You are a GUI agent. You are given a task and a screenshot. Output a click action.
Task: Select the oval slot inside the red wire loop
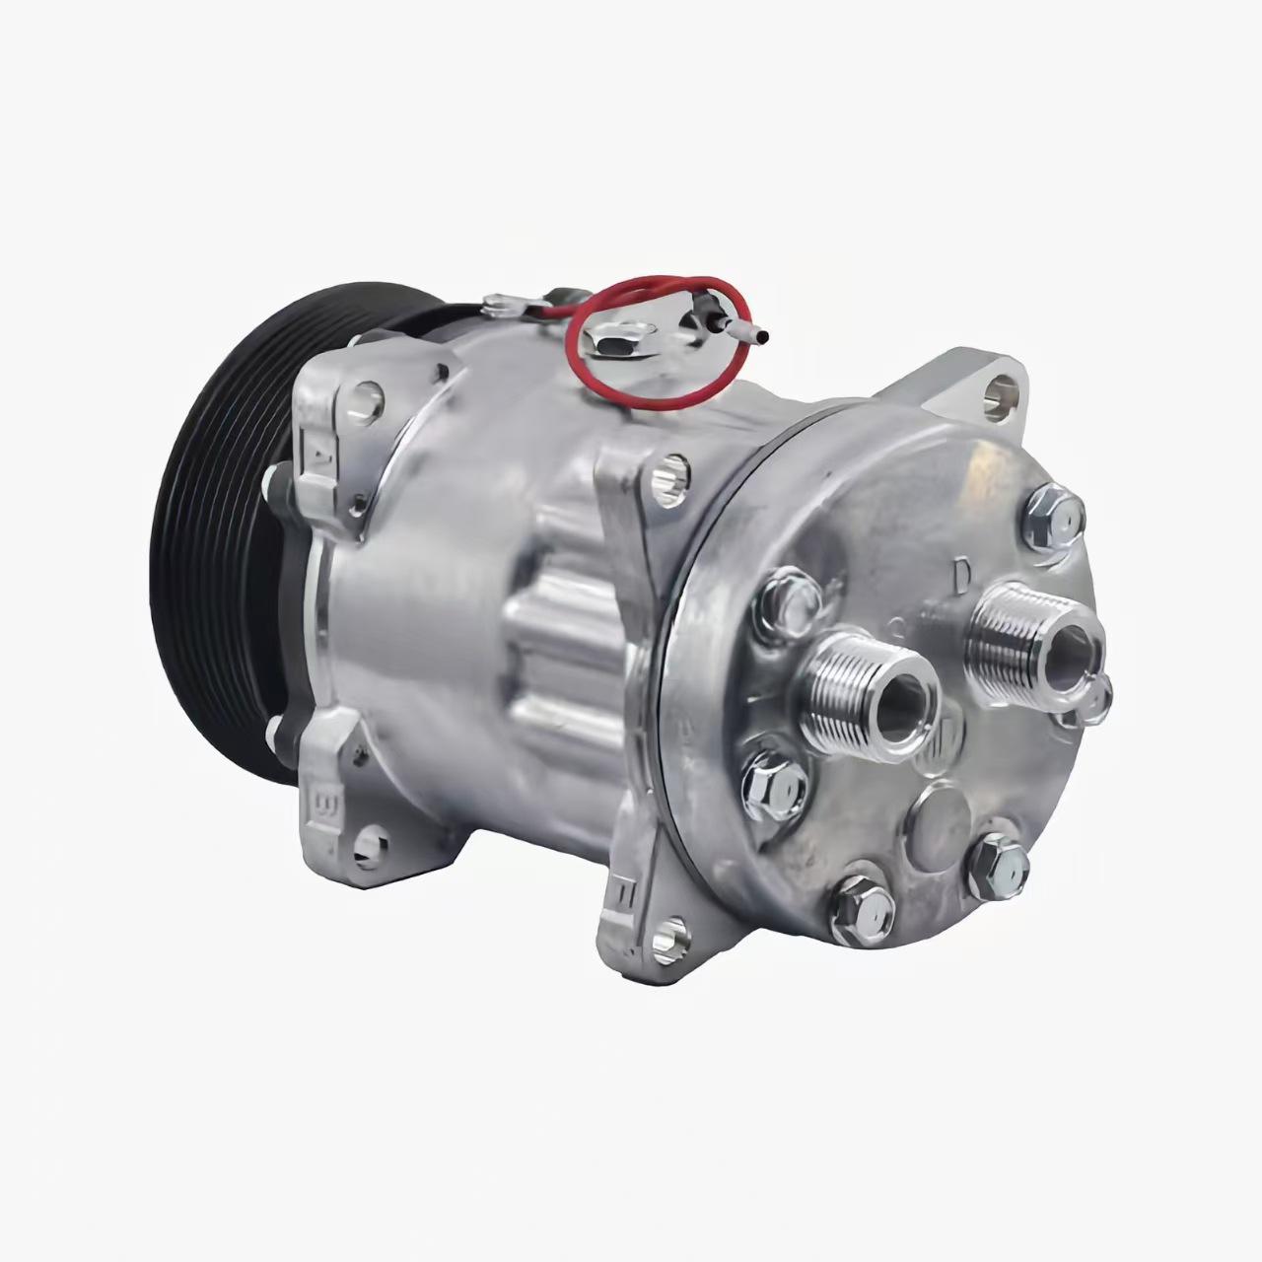click(x=613, y=344)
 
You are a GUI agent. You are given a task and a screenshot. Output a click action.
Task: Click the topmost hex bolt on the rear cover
click(x=1055, y=513)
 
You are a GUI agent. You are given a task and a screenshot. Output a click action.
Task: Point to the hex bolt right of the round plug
click(x=998, y=867)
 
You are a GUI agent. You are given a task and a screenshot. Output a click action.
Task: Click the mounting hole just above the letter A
click(x=369, y=393)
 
